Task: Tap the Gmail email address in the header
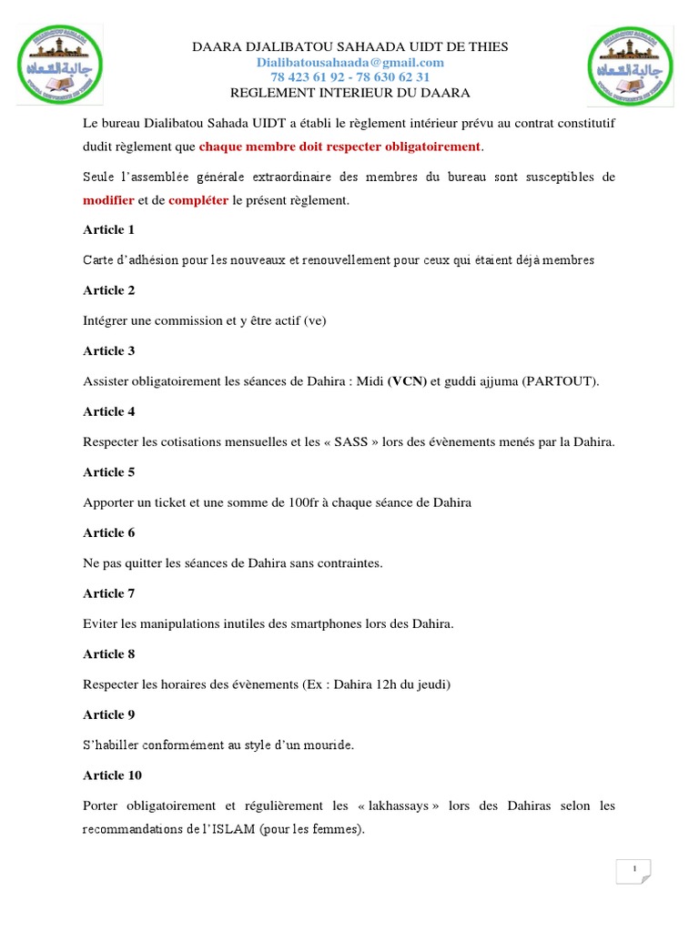(349, 62)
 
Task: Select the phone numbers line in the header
(349, 77)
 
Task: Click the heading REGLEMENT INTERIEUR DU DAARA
(349, 93)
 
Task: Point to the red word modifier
(108, 200)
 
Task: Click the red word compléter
(198, 200)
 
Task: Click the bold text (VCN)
(407, 381)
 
